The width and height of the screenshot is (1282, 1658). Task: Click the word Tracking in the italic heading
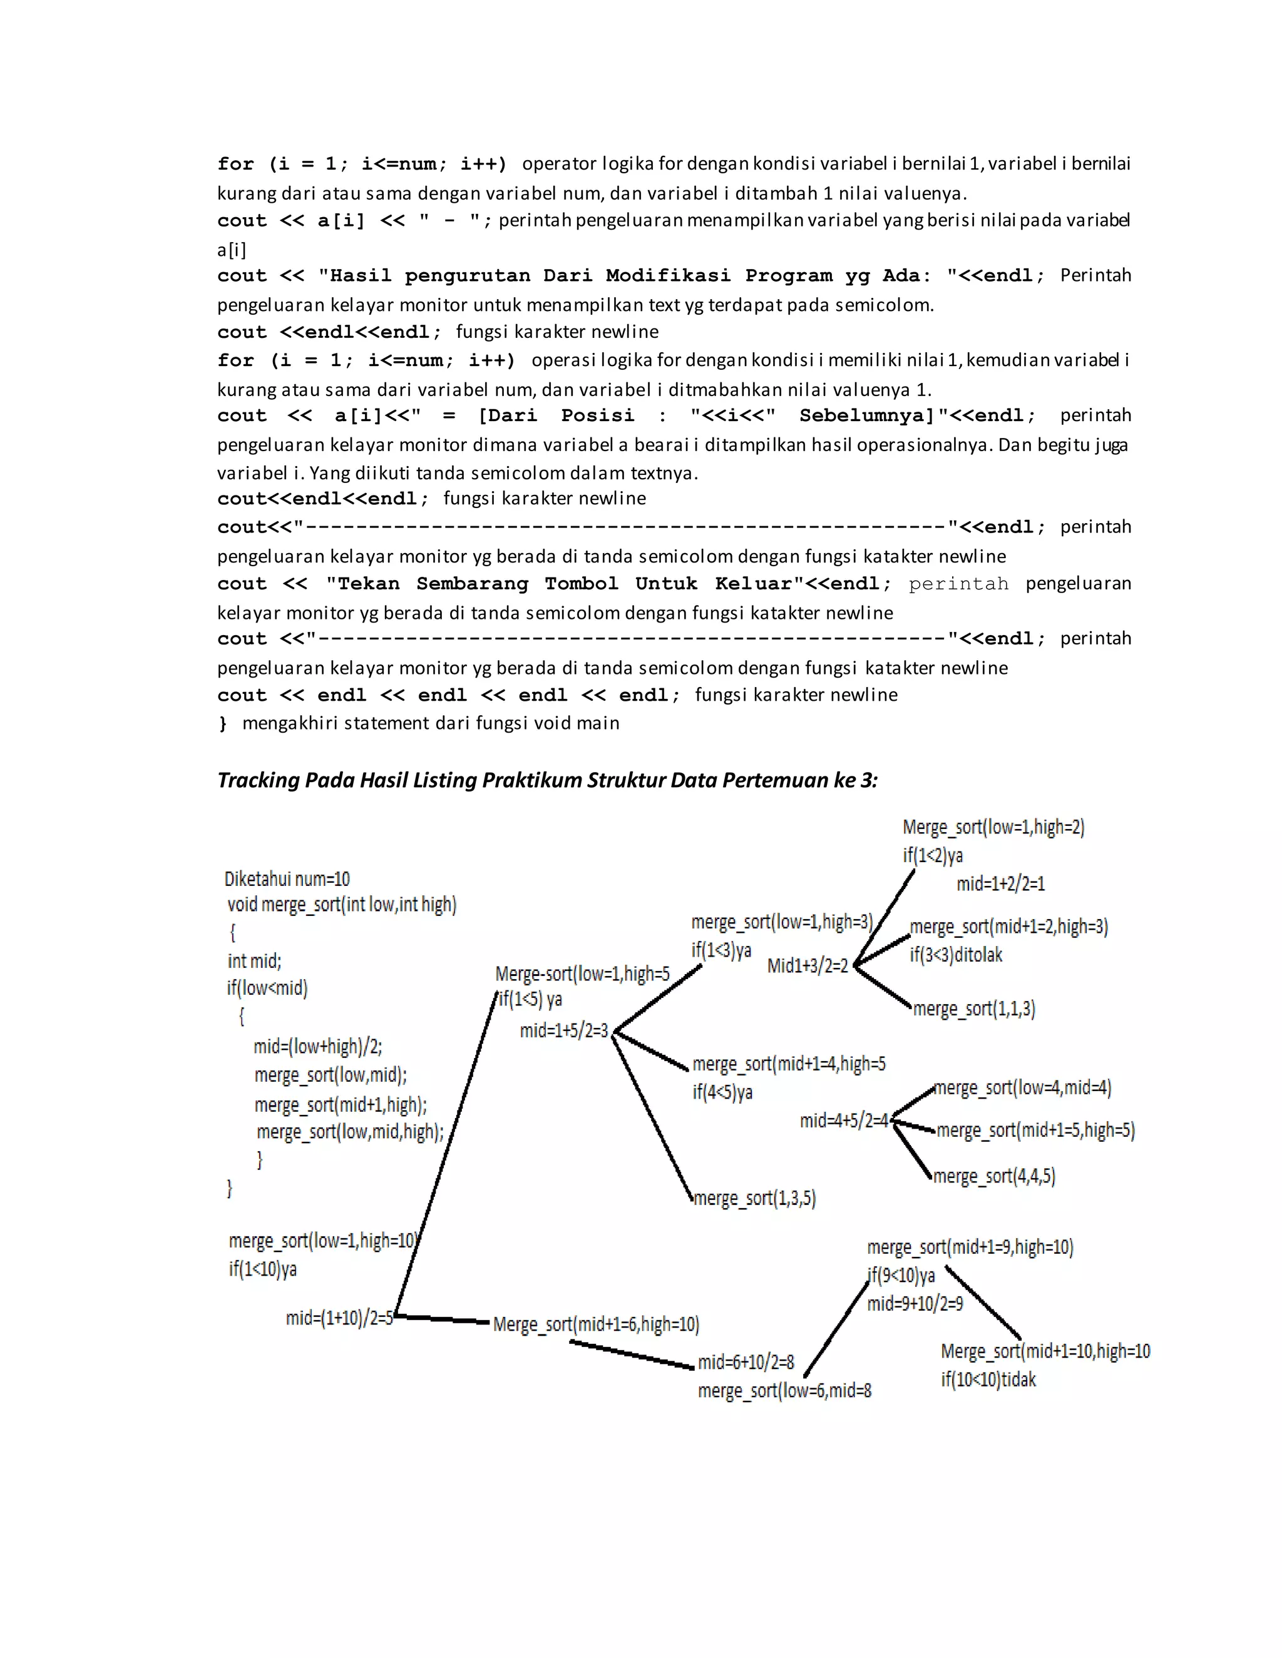coord(259,780)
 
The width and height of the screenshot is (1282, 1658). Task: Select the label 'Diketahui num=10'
coord(287,879)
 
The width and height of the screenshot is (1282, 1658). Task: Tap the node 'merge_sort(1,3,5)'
coord(755,1198)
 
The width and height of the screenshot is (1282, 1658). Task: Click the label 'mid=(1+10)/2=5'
coord(339,1317)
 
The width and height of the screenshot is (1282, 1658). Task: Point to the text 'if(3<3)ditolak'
coord(956,954)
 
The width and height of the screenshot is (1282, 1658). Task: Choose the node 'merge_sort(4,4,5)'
coord(994,1176)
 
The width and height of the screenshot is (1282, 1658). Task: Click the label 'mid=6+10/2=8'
coord(746,1362)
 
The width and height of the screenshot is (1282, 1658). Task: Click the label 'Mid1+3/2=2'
coord(808,965)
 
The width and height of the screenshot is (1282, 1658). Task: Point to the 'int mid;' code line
coord(254,960)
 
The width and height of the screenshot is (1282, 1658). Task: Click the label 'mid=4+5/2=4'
coord(844,1121)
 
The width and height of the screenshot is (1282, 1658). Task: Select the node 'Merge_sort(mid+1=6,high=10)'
coord(596,1324)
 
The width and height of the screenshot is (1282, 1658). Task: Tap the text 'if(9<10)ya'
coord(901,1275)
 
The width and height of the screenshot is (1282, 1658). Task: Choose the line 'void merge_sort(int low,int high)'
coord(342,904)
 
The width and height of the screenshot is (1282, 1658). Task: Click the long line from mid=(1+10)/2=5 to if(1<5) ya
coord(445,1161)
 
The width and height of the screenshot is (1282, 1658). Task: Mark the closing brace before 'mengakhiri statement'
coord(222,723)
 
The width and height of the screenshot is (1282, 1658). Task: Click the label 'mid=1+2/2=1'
coord(1000,883)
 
